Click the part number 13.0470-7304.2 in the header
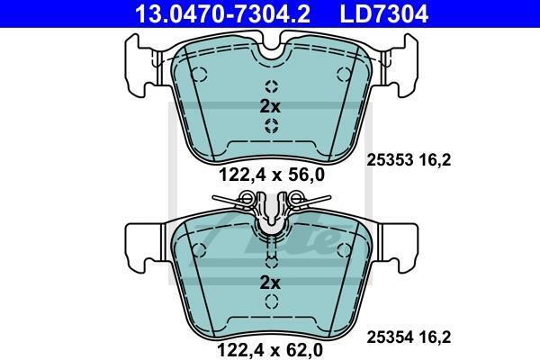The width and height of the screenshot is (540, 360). point(223,13)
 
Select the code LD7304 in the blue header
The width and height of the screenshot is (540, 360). point(384,13)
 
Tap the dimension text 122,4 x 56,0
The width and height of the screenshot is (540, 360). point(272,175)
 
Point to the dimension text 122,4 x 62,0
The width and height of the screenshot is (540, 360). point(270,351)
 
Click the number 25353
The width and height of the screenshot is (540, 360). point(390,160)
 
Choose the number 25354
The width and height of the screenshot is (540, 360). point(390,337)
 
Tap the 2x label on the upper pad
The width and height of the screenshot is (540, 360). point(270,107)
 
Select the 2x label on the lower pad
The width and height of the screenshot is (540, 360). point(270,283)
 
